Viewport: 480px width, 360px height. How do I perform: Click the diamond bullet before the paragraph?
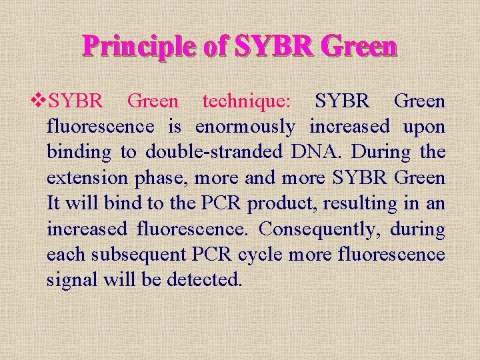(40, 101)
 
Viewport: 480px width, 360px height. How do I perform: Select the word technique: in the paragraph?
(247, 101)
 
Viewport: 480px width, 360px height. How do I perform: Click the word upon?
(424, 127)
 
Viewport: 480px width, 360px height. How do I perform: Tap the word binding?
(79, 152)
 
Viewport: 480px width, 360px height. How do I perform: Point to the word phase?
(159, 178)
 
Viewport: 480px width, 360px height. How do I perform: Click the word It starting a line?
(55, 203)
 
